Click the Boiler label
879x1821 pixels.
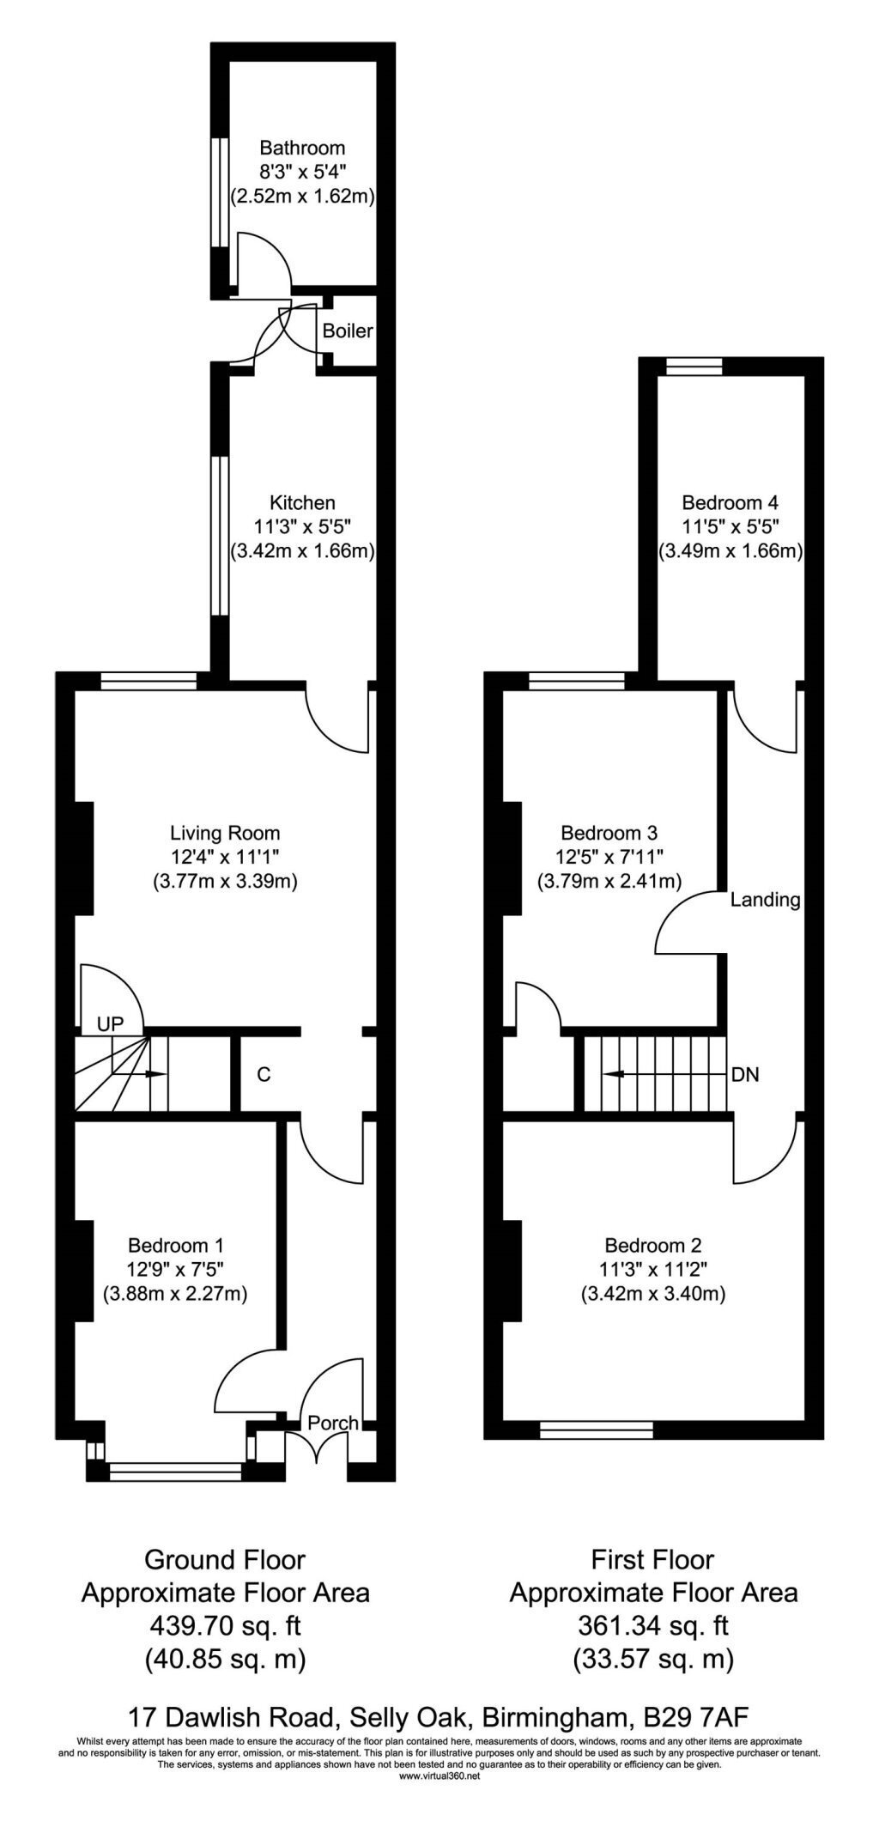[348, 331]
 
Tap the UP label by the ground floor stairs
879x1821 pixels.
[110, 1023]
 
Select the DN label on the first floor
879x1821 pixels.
[745, 1074]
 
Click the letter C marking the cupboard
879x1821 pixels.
[264, 1074]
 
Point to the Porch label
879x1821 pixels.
[333, 1423]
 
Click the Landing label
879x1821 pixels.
[766, 900]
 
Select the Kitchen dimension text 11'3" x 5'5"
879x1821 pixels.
[303, 526]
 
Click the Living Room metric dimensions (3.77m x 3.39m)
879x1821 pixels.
[225, 881]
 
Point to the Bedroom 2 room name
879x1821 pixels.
[653, 1245]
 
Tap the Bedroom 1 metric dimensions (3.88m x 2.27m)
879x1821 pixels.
[175, 1293]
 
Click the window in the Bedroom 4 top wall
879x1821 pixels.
[694, 367]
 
